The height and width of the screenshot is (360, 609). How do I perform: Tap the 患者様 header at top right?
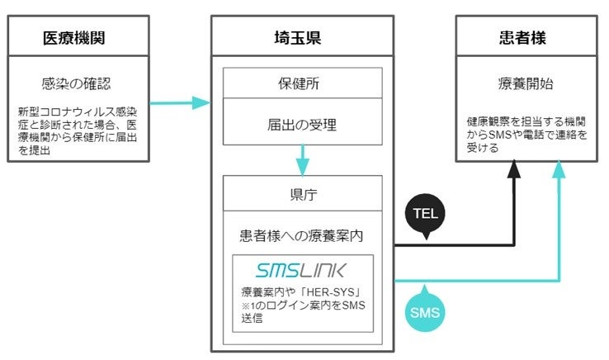click(x=526, y=37)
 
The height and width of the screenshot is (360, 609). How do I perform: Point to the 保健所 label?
click(x=303, y=83)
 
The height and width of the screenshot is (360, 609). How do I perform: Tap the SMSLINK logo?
click(x=301, y=270)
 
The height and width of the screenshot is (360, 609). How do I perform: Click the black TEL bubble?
click(x=427, y=213)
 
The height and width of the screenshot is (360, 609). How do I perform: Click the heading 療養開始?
click(x=526, y=84)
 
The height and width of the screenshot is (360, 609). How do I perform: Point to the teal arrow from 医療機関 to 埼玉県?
click(x=181, y=103)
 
